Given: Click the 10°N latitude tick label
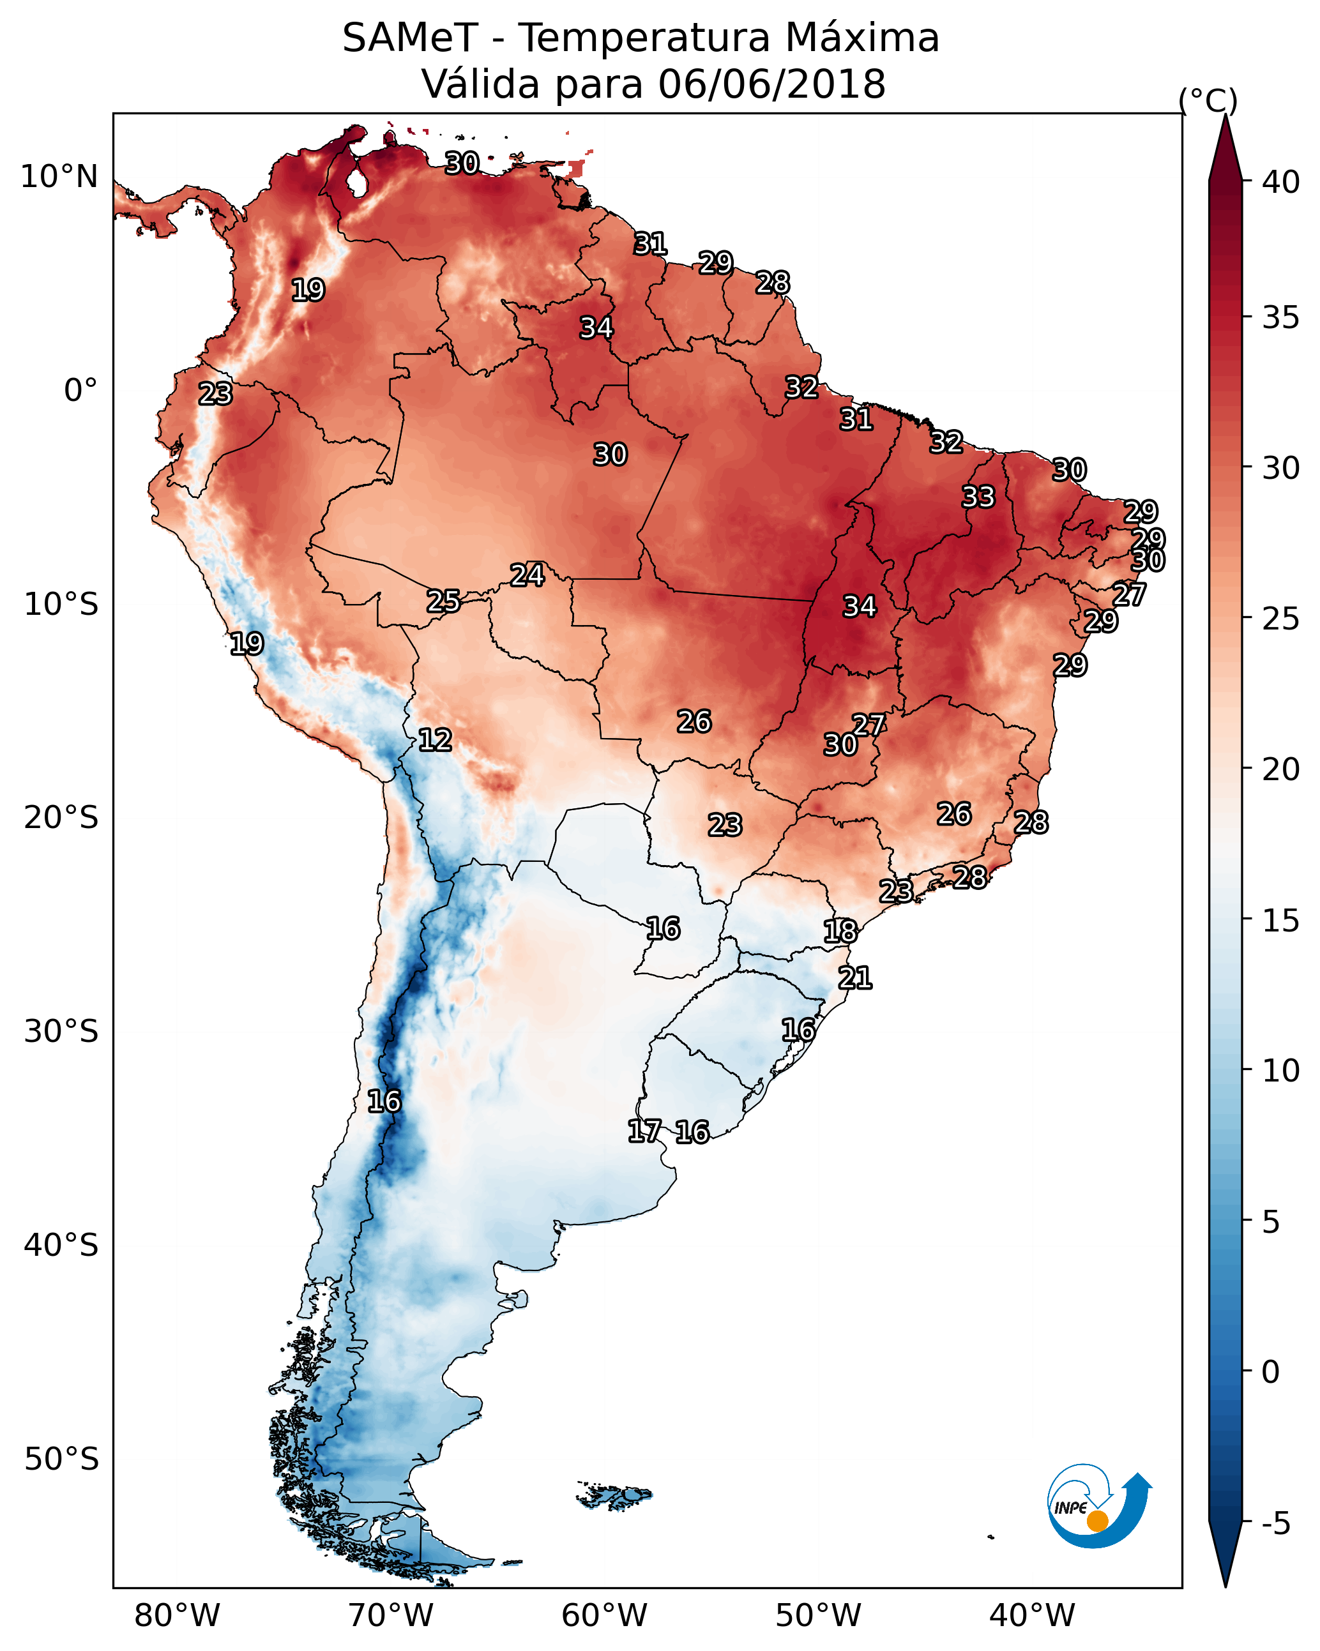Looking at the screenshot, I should [59, 177].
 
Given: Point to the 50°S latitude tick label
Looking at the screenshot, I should [61, 1459].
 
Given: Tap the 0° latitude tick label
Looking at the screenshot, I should [80, 391].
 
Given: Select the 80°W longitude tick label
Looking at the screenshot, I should [177, 1615].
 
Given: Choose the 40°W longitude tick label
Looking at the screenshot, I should [1032, 1615].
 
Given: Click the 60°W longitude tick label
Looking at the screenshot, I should [605, 1615].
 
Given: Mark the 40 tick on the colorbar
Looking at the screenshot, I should [1281, 182].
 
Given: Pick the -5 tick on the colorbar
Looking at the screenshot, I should [1275, 1523].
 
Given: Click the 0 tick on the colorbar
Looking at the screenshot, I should [1270, 1372].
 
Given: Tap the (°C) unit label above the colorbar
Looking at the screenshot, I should [1208, 100].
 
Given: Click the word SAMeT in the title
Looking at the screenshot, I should [410, 38].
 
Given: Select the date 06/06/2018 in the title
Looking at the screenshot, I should [771, 84].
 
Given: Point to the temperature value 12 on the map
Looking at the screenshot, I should [435, 740].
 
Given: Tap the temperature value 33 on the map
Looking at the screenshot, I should [978, 497].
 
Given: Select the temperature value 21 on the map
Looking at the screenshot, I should [855, 978].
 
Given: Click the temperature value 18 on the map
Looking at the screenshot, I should [840, 931].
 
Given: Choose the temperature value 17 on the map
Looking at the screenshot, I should [644, 1131].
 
